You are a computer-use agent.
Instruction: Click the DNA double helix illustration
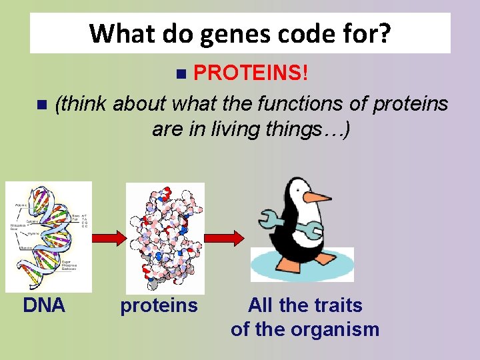(48, 236)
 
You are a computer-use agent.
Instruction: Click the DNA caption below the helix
(44, 305)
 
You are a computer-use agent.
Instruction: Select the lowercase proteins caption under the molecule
(159, 306)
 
